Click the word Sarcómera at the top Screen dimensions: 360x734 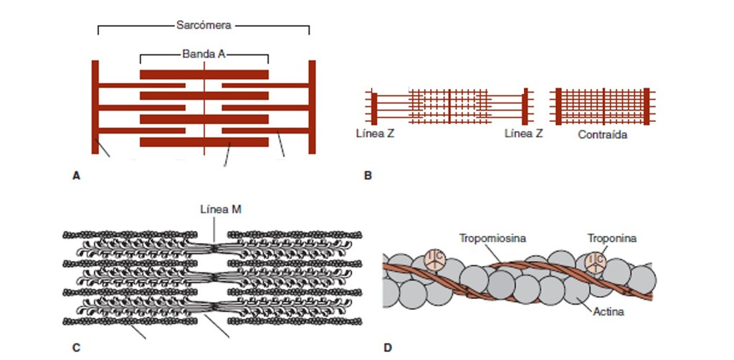203,24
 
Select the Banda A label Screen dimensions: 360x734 203,54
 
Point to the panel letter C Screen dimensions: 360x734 77,349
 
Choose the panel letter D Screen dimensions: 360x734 388,349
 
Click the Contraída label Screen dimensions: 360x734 602,134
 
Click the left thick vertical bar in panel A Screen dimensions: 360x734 95,107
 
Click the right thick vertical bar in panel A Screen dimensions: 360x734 312,107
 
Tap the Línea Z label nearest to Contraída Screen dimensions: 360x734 523,134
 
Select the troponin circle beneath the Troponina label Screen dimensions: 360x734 596,261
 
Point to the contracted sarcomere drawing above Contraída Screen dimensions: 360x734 603,105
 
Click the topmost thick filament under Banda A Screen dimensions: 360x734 204,74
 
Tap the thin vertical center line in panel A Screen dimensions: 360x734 204,108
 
